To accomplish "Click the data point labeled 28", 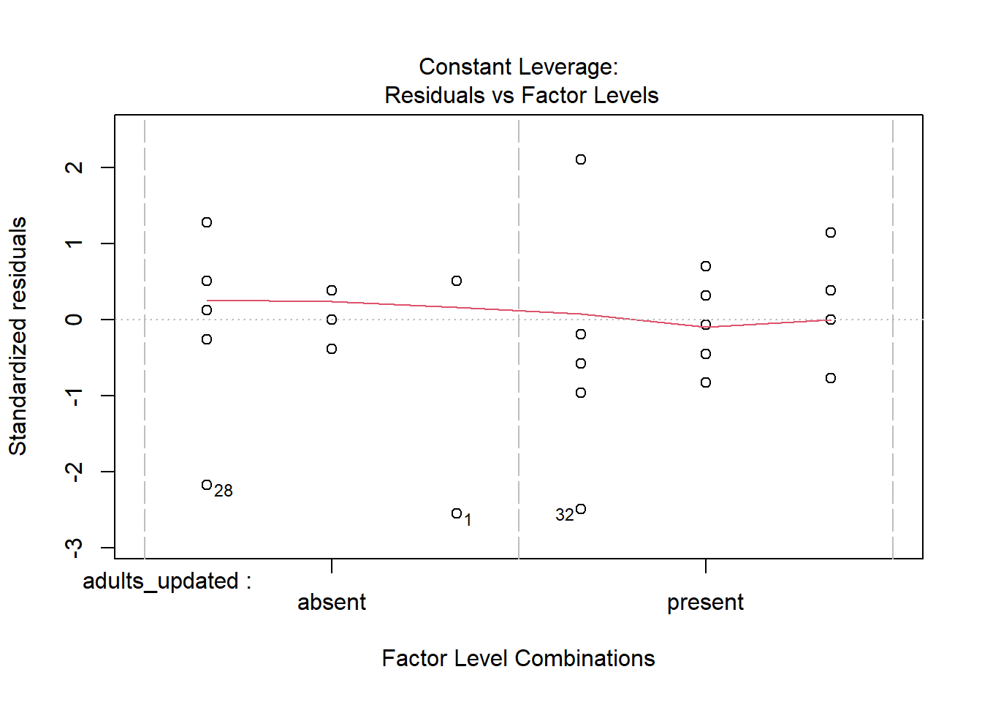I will (207, 485).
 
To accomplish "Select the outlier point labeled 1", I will (457, 513).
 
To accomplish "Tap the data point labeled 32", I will (581, 509).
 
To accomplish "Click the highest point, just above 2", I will (581, 159).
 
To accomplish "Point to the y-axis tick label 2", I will (74, 167).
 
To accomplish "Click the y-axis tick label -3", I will (74, 547).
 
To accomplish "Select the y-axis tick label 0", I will (74, 320).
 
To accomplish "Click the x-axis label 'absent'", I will (332, 602).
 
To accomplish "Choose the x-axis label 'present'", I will (705, 602).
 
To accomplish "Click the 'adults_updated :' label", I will (167, 581).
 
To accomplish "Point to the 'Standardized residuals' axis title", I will (18, 336).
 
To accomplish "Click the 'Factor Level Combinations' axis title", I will (518, 658).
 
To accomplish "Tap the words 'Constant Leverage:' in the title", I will (518, 67).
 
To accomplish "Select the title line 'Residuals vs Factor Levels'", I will (521, 95).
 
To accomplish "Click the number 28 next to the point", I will (224, 491).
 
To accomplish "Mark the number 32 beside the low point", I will (564, 515).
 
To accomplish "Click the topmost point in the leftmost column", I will (207, 222).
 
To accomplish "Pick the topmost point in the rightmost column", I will (831, 233).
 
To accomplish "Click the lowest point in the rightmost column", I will (831, 378).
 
